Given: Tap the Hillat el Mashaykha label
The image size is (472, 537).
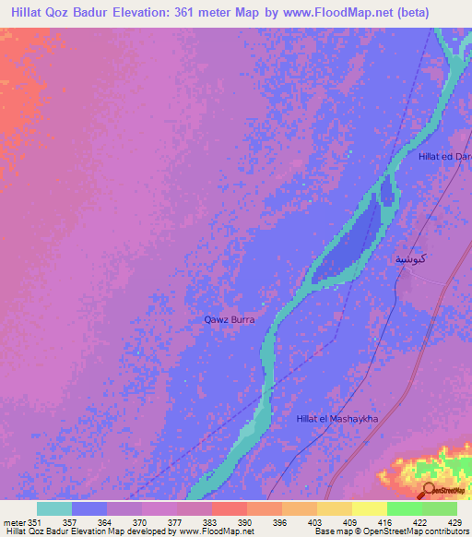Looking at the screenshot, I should coord(337,419).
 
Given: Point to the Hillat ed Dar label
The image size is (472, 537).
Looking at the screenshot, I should coord(444,157).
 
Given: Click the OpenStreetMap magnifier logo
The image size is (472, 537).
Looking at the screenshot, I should coord(429,491).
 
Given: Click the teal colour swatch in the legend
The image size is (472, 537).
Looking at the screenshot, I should coord(54,508).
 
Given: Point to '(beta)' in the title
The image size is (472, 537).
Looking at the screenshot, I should coord(444,12).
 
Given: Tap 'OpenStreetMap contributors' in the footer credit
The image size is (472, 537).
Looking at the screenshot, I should coord(406,531).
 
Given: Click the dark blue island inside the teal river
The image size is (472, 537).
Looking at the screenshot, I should coord(346,245).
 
